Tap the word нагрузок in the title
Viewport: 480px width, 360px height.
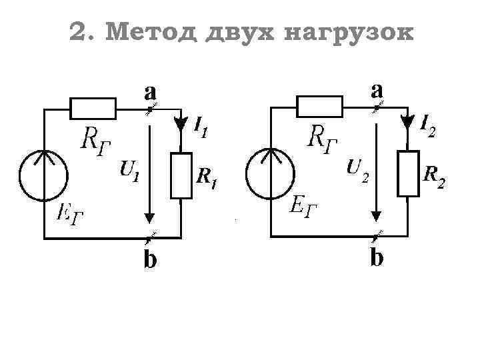click(348, 32)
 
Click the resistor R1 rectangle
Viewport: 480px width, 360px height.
click(181, 175)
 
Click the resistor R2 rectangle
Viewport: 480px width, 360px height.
click(408, 173)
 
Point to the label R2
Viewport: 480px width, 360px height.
click(434, 175)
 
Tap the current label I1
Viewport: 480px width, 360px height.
click(201, 127)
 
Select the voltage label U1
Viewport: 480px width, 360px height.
click(129, 171)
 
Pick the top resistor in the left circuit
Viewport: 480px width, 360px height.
click(93, 107)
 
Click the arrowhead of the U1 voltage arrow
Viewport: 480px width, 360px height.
click(150, 217)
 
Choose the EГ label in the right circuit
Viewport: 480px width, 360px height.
click(304, 206)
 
